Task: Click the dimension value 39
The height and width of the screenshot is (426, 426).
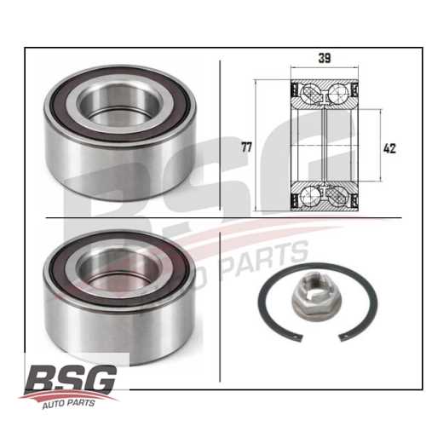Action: click(x=325, y=58)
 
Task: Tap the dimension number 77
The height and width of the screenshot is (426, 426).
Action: click(x=246, y=147)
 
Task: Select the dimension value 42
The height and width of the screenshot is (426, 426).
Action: click(x=389, y=148)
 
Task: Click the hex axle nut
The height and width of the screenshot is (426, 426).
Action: click(x=317, y=302)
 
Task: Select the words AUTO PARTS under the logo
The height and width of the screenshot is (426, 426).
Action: click(x=68, y=403)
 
